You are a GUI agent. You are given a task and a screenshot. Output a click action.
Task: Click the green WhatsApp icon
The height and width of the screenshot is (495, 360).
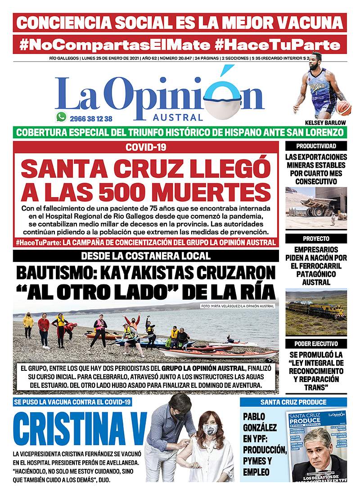click(x=61, y=117)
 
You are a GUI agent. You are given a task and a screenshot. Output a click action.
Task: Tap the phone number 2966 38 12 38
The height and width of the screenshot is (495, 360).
click(x=91, y=118)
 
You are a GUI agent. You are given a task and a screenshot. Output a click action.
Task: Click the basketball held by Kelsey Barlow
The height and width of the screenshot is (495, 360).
click(x=344, y=108)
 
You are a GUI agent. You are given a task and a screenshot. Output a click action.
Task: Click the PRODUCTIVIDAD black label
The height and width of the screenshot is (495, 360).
click(x=316, y=146)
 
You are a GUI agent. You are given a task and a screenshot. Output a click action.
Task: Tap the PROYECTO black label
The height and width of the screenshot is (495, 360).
click(x=316, y=238)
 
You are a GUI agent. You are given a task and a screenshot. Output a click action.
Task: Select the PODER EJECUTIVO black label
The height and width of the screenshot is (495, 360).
click(x=316, y=344)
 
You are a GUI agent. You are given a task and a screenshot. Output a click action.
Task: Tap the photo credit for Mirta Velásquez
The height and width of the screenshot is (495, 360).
click(x=237, y=306)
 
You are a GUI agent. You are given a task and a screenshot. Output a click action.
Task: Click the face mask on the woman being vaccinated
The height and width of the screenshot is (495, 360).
click(x=210, y=430)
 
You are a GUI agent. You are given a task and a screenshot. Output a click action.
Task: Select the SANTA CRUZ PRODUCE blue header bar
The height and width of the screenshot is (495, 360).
click(x=293, y=401)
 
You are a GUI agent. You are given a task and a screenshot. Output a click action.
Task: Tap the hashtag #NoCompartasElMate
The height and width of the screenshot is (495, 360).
click(x=114, y=45)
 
